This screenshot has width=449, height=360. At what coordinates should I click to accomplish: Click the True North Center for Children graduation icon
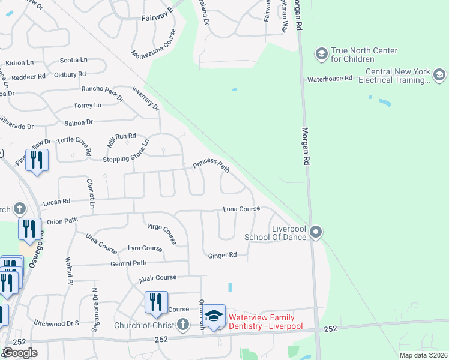click(x=321, y=55)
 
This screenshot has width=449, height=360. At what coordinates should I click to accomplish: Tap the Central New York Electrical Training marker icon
click(x=438, y=74)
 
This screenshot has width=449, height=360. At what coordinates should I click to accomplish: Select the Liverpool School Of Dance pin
click(x=317, y=232)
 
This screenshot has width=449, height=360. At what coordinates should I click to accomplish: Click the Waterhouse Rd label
click(x=330, y=79)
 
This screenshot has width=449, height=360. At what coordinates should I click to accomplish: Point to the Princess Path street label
click(x=211, y=165)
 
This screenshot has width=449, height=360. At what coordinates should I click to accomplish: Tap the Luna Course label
click(x=241, y=209)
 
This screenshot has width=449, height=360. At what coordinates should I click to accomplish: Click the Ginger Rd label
click(x=223, y=256)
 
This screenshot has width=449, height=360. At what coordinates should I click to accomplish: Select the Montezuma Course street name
click(x=154, y=44)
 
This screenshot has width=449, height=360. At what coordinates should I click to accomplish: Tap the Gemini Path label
click(x=128, y=263)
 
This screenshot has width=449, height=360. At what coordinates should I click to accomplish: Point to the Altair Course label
click(x=158, y=278)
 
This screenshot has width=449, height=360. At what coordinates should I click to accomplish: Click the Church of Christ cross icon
click(x=183, y=325)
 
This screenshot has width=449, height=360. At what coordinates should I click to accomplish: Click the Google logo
click(x=20, y=353)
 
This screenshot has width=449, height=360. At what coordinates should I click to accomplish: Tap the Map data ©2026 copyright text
click(x=423, y=355)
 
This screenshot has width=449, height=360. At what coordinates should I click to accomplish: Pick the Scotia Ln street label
click(x=74, y=60)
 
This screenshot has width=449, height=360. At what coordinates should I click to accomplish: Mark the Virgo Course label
click(x=162, y=233)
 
